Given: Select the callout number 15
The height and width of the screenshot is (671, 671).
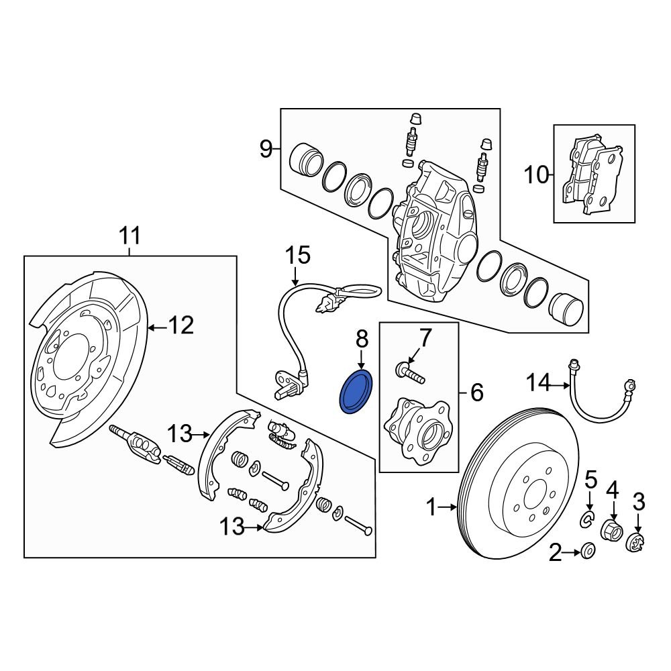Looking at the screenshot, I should point(299,255).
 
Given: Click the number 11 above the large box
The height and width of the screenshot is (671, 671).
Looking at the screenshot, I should point(130,236).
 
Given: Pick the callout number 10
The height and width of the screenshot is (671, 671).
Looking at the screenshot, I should point(536,176).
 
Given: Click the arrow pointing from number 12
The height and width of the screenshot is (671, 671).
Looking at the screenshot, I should point(156,327).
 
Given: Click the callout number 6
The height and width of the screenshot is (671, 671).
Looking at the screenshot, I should point(476,393).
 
